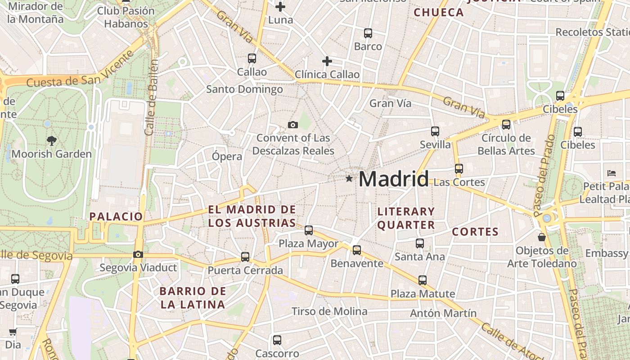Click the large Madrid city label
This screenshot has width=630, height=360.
click(394, 179)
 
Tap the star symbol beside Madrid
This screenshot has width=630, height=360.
click(349, 179)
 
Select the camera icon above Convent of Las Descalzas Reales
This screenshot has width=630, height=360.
click(293, 125)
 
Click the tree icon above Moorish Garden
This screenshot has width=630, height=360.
click(51, 140)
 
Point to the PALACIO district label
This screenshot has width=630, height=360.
click(116, 216)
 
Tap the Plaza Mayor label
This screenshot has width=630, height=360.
click(308, 244)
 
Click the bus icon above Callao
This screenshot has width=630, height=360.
click(252, 58)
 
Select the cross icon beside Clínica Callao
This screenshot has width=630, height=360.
click(327, 61)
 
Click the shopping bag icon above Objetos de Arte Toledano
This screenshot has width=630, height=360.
click(542, 237)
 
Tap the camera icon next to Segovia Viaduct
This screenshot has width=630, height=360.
click(138, 255)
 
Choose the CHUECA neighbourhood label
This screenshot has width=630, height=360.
click(439, 13)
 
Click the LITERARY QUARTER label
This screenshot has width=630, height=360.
click(406, 218)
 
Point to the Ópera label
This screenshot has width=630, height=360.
click(227, 157)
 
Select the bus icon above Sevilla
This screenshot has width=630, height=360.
click(435, 131)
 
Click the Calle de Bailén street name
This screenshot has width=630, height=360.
click(151, 97)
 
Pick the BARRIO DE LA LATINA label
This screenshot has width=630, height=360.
click(193, 298)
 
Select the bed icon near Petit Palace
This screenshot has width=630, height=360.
click(611, 173)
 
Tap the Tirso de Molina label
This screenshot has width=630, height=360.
click(329, 311)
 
